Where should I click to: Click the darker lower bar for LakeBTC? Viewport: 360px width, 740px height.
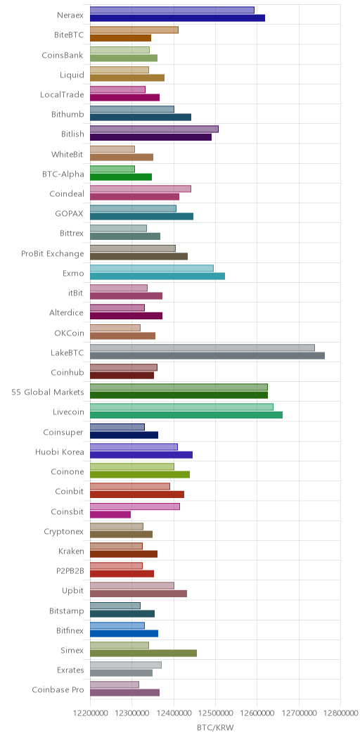click(207, 355)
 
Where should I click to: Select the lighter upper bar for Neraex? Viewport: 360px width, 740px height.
click(172, 10)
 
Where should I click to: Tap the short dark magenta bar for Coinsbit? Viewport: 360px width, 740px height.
click(110, 514)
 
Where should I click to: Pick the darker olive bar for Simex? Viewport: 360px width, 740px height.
click(143, 653)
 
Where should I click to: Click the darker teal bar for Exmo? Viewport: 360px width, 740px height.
click(157, 276)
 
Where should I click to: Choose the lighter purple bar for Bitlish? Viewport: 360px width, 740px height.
click(154, 129)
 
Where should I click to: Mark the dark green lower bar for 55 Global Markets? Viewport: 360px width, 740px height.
click(179, 395)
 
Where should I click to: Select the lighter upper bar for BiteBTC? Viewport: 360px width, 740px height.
click(134, 30)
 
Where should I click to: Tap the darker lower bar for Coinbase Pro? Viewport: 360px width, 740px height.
click(124, 693)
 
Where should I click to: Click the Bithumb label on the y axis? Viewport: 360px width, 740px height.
click(67, 114)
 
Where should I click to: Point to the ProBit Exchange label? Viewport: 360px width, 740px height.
click(52, 253)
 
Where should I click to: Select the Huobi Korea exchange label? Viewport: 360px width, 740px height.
click(60, 452)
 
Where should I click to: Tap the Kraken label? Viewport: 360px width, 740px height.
click(71, 551)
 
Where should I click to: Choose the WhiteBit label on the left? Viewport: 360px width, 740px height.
click(67, 154)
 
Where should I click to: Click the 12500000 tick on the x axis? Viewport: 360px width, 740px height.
click(216, 713)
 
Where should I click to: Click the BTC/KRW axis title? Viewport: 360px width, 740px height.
click(215, 727)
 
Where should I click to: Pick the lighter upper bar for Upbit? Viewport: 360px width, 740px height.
click(131, 586)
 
